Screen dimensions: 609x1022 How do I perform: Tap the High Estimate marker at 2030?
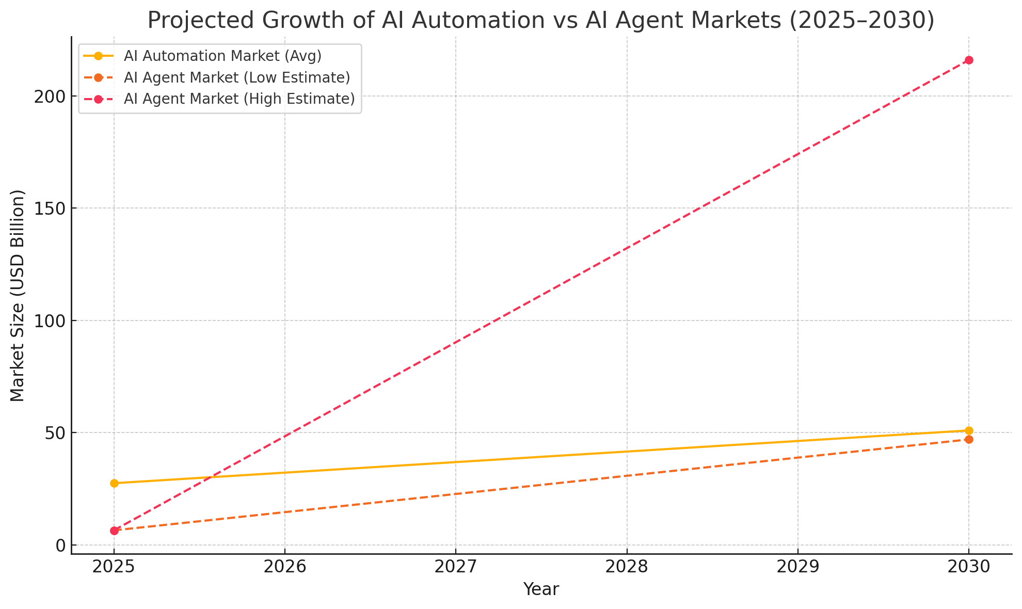pos(969,60)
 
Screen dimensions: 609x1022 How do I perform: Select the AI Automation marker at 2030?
pos(969,430)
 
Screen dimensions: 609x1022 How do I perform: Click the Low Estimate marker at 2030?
pos(969,439)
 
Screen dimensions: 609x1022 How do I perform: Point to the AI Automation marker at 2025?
pos(114,483)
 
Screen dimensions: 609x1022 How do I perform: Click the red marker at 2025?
pos(114,531)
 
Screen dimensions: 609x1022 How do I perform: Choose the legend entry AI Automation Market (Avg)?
pos(222,56)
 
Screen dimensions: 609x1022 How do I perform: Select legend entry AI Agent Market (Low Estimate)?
pos(237,77)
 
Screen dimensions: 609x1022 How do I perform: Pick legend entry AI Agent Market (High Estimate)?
pos(239,99)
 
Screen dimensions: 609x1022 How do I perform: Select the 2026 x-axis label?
pos(285,567)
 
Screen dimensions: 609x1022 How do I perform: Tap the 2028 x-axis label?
pos(627,567)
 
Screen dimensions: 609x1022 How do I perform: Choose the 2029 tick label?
pos(797,567)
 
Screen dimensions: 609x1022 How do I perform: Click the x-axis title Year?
pos(541,589)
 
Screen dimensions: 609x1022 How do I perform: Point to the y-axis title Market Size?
pos(18,295)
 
